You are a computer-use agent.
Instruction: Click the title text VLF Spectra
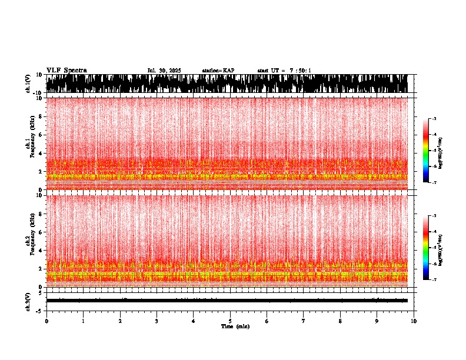66,71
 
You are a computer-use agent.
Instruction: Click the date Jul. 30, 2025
164,71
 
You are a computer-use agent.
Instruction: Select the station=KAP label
218,71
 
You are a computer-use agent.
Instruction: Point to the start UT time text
284,71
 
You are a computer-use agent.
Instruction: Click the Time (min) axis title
235,326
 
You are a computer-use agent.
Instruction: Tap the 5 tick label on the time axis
230,321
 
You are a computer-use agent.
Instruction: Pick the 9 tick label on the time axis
377,321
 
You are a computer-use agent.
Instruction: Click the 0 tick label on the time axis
46,321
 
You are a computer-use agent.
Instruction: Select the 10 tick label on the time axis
414,321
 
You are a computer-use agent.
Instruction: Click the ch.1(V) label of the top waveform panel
28,84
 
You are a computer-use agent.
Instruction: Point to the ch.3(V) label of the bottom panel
28,301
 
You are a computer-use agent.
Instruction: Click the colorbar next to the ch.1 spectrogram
425,151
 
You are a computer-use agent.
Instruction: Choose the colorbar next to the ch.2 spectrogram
425,248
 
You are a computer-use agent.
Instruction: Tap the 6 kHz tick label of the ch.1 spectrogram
41,135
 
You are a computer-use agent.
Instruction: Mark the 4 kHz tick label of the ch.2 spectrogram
41,251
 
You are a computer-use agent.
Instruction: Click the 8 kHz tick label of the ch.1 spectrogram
41,116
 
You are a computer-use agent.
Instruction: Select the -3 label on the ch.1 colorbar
434,119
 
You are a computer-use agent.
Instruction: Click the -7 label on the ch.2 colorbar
434,280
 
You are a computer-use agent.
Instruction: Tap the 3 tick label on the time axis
157,321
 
